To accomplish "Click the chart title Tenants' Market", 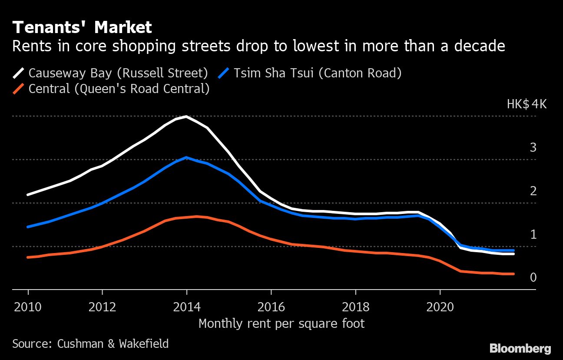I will [x=82, y=28].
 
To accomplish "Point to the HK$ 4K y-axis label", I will [x=527, y=104].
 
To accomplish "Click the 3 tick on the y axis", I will [x=533, y=147].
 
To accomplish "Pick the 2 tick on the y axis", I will [x=533, y=191].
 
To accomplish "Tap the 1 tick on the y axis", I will [x=533, y=234].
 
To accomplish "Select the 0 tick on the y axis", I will [x=533, y=277].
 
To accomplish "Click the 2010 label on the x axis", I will [x=28, y=307].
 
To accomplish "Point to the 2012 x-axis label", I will [x=103, y=307].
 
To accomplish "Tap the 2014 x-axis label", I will [x=187, y=307].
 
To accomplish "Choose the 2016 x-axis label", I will [x=271, y=307].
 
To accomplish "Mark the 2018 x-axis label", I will [x=355, y=307].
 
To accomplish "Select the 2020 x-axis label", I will [x=440, y=307].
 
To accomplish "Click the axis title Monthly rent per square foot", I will [x=281, y=324].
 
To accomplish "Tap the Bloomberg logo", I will [x=520, y=348].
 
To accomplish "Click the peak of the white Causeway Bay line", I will [x=186, y=117].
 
